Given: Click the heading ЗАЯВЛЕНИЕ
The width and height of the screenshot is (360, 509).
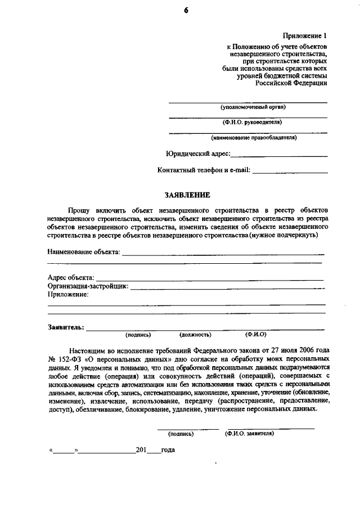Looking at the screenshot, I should [187, 195].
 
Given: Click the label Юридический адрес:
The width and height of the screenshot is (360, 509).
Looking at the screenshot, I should [198, 154].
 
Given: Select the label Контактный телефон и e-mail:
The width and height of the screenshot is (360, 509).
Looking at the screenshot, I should [204, 170].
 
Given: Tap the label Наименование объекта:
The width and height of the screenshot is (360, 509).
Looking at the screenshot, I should [84, 252].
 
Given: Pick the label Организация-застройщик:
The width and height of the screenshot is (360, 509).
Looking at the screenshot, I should [88, 286].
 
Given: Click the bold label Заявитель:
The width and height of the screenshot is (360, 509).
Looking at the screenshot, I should [66, 327].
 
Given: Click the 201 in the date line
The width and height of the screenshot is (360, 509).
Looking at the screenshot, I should [141, 450].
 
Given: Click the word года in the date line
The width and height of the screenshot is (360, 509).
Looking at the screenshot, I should [168, 450].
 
